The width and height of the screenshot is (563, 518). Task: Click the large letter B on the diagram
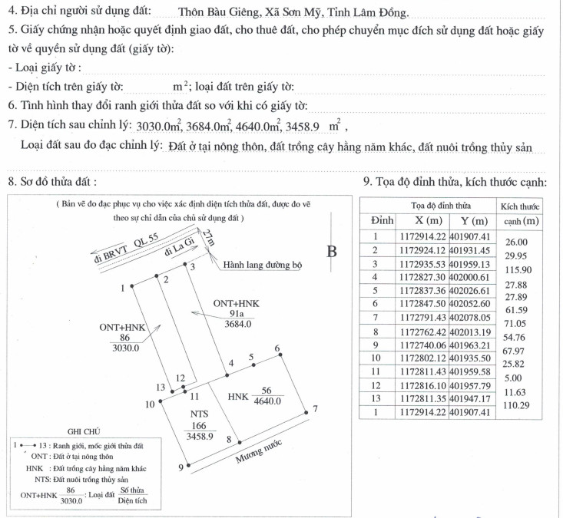(332, 251)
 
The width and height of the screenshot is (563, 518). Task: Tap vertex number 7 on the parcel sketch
(315, 409)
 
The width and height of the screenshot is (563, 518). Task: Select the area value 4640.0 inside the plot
(267, 401)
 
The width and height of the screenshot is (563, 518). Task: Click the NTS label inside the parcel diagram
(200, 414)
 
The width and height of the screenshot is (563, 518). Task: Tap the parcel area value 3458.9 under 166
(200, 436)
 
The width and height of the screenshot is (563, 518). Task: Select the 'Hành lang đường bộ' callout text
(263, 266)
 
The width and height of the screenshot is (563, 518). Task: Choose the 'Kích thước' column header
(520, 206)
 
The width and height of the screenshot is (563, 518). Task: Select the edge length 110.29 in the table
(519, 404)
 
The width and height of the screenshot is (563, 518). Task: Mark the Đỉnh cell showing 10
(376, 358)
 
